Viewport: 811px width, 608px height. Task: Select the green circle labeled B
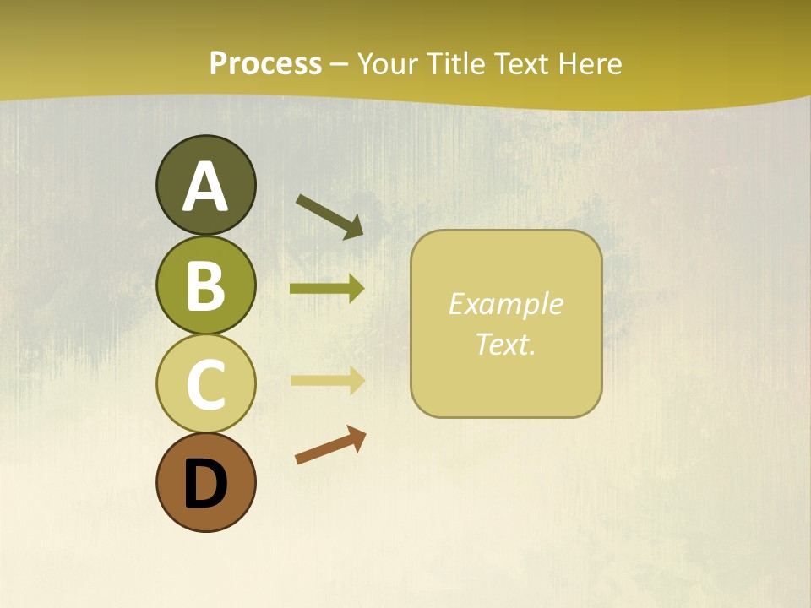tap(205, 285)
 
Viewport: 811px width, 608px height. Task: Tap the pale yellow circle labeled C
tap(205, 384)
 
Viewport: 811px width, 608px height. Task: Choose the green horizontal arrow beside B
tap(327, 289)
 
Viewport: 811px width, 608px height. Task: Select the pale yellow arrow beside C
tap(327, 380)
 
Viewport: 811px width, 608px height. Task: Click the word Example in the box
tap(505, 304)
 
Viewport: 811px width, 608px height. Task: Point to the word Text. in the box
tap(505, 344)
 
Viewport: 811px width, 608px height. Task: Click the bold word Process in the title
tap(265, 63)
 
